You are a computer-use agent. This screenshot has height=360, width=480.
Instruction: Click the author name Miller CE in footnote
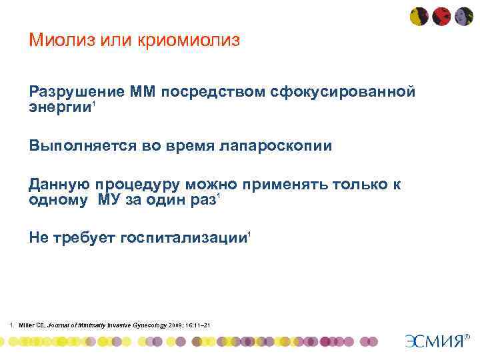click(x=33, y=325)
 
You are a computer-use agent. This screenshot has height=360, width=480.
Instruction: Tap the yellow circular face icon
click(x=419, y=16)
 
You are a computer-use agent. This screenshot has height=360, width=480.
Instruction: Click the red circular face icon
click(x=441, y=16)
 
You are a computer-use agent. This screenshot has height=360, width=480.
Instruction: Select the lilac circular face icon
click(x=463, y=16)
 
